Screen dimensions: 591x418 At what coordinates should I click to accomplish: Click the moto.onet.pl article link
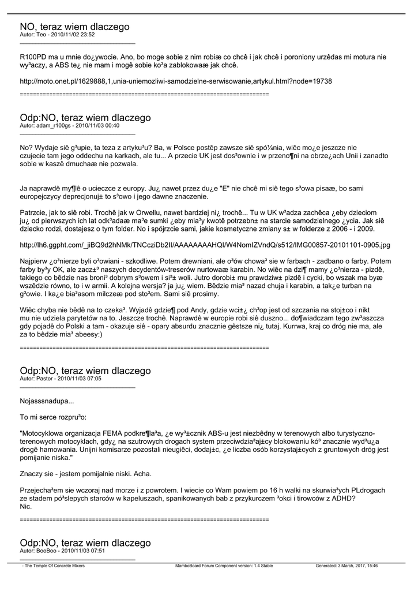[176, 81]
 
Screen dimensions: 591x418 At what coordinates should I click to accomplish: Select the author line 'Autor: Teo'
[57, 35]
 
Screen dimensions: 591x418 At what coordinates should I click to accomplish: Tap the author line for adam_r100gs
[69, 125]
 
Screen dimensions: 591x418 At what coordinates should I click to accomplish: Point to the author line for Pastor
[61, 379]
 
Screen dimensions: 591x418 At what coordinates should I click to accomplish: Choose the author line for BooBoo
[62, 551]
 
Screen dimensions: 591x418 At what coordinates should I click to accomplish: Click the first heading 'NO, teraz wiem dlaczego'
[74, 27]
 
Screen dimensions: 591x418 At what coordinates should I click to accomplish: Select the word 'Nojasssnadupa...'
[47, 401]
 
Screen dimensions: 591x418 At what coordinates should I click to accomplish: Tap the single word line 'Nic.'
[25, 506]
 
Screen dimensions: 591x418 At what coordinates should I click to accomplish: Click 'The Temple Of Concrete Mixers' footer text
[53, 566]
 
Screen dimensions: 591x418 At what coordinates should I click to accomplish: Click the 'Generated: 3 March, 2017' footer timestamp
[347, 566]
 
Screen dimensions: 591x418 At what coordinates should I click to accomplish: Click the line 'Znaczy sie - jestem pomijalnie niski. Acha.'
[85, 474]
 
